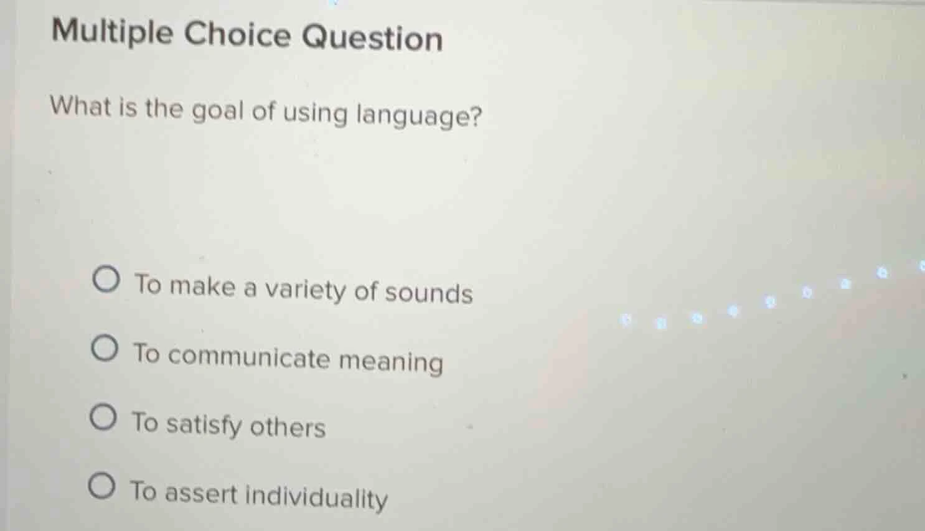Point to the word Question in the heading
click(x=372, y=38)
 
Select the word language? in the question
click(x=419, y=116)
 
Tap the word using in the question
click(x=316, y=114)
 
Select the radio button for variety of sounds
click(x=106, y=280)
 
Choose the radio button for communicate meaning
click(x=105, y=349)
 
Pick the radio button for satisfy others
click(x=103, y=418)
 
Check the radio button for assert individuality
click(x=101, y=486)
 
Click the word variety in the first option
click(x=305, y=290)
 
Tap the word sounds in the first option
click(x=429, y=293)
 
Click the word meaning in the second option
click(x=391, y=362)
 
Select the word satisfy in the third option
click(x=204, y=425)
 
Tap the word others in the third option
click(x=288, y=428)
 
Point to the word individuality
click(x=317, y=497)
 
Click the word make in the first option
click(x=203, y=287)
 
